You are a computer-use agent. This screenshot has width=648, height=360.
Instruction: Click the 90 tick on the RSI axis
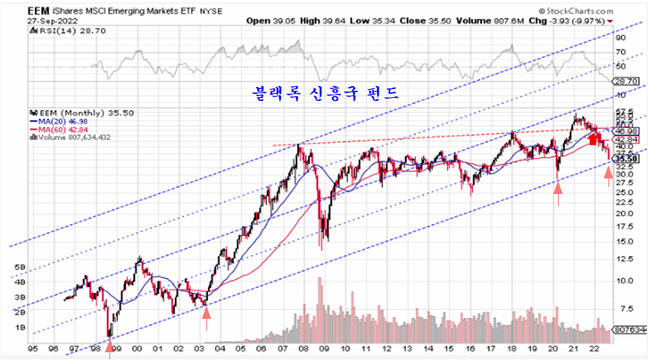point(621,36)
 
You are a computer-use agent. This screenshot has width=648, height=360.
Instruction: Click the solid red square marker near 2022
point(594,140)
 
